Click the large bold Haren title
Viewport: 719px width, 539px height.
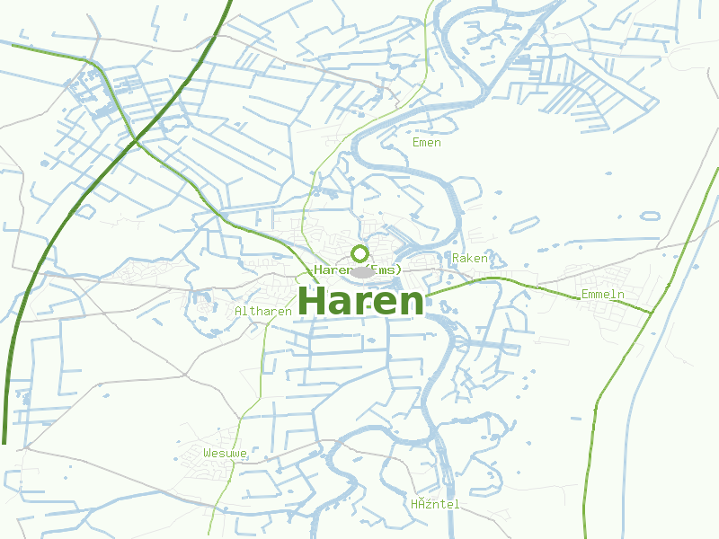[359, 301]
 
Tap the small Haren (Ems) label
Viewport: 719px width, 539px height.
[357, 269]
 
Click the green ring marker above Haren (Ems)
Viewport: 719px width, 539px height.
[359, 253]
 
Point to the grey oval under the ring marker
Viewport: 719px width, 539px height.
[361, 271]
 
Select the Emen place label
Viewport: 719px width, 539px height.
[427, 143]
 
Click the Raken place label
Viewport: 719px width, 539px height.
[470, 259]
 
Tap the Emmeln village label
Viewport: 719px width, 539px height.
[602, 295]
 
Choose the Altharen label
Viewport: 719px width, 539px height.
[262, 312]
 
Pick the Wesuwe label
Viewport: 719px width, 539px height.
[225, 453]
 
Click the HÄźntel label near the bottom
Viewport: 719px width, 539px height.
[435, 505]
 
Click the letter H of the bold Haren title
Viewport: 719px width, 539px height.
[311, 301]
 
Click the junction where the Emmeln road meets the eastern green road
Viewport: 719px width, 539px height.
[650, 312]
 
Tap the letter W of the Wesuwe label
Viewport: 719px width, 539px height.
[208, 453]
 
